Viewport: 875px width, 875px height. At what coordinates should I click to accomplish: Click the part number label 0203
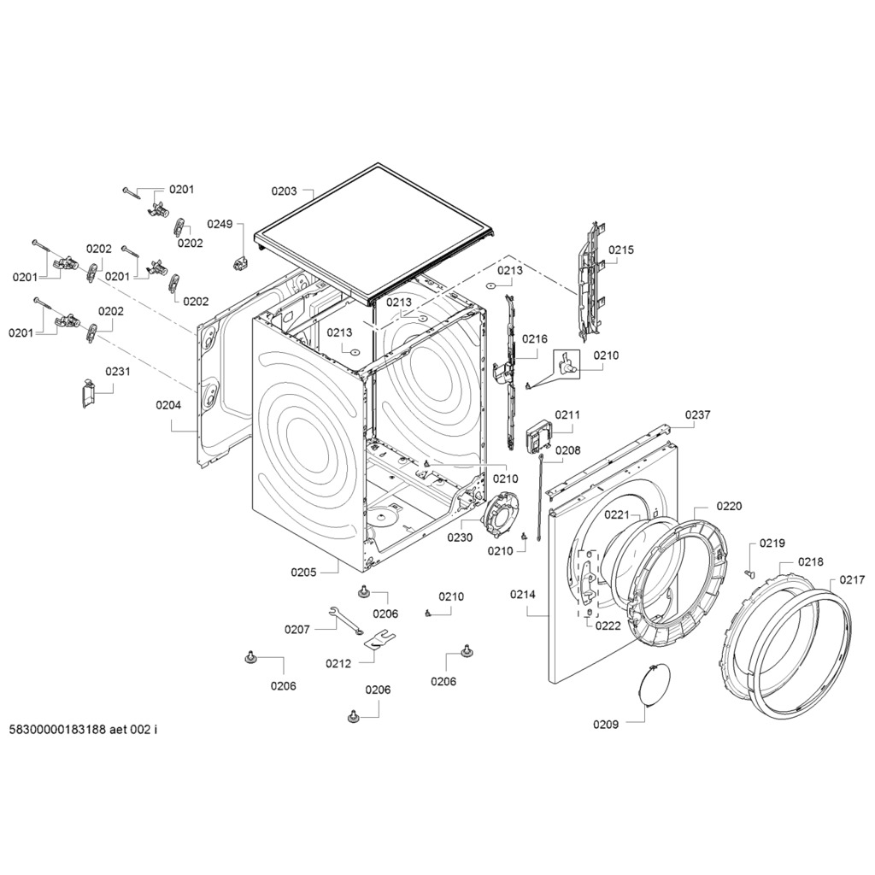click(x=284, y=191)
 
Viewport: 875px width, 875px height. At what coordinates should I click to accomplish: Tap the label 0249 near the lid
click(x=220, y=224)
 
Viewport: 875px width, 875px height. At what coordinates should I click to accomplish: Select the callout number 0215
click(x=621, y=250)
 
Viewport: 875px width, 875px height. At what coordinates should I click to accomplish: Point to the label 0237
click(x=697, y=415)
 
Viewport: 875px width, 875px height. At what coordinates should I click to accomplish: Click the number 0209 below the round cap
click(x=606, y=725)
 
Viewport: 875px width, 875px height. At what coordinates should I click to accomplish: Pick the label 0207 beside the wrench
click(x=297, y=630)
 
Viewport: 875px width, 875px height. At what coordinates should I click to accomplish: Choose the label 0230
click(x=460, y=537)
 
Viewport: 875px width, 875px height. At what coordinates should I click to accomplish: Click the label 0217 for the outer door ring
click(x=852, y=579)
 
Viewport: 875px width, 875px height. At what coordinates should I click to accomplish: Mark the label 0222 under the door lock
click(x=608, y=625)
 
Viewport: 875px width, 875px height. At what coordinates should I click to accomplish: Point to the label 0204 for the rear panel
click(x=168, y=405)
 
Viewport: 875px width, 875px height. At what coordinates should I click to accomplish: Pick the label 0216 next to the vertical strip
click(x=535, y=339)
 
